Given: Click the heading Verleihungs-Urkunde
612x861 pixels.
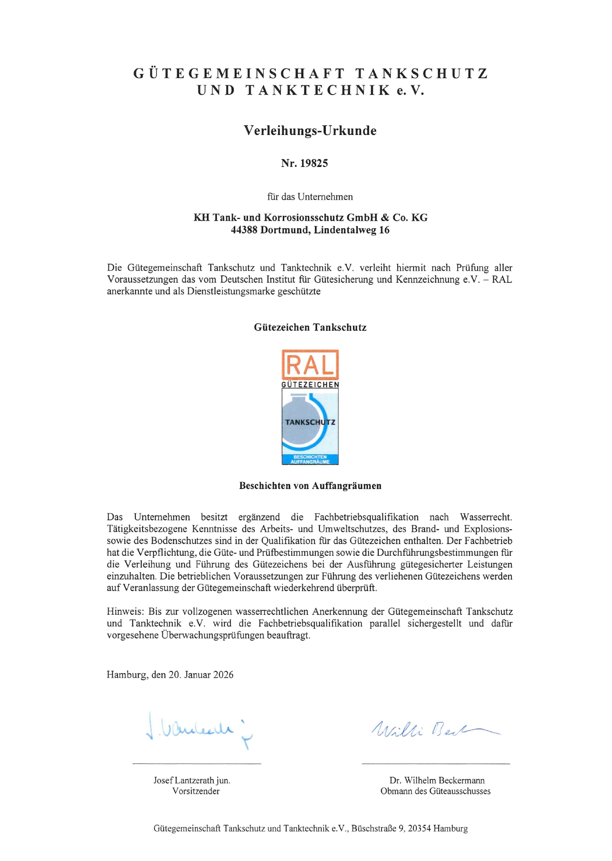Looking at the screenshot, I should pos(310,131).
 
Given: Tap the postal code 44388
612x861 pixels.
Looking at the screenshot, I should pos(244,230).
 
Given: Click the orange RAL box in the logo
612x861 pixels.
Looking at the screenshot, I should pos(310,365).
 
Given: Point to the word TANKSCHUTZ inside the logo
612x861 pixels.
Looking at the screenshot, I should pos(310,422).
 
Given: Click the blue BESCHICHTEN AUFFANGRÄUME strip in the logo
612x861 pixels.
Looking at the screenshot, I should pos(310,459).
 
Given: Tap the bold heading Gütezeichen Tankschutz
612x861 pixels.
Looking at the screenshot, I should pos(310,327).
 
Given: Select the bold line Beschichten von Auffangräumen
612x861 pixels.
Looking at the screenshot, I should pos(310,486).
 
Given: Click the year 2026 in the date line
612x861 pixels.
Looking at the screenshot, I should pos(223,675).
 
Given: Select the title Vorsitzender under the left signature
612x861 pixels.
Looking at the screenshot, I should pos(196,791).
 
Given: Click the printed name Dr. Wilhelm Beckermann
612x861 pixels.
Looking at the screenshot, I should pos(437,780).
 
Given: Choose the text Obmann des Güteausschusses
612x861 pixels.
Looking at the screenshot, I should pos(435,791).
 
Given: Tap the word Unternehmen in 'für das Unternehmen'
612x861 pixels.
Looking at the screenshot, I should pos(325,197).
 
